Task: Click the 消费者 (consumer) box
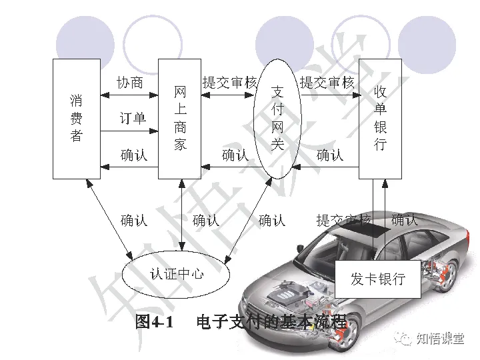76,119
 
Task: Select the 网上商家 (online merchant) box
179,119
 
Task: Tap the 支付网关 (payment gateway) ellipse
278,118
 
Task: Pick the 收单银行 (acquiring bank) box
380,119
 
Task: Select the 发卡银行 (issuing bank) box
377,279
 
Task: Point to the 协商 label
129,83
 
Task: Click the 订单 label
133,119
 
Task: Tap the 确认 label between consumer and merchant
134,155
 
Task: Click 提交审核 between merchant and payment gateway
229,83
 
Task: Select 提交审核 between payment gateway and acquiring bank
327,83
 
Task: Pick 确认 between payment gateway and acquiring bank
330,155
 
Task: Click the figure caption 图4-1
154,322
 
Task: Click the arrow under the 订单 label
129,131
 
